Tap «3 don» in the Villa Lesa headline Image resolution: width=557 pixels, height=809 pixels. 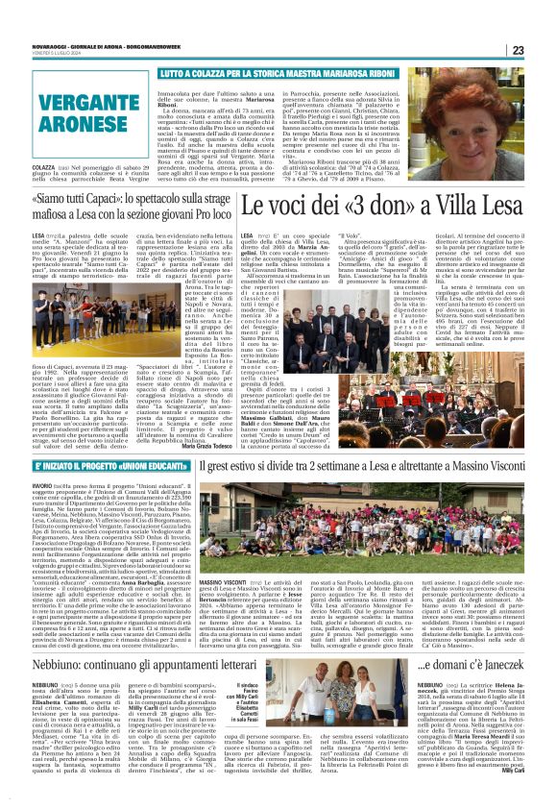(x=378, y=205)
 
